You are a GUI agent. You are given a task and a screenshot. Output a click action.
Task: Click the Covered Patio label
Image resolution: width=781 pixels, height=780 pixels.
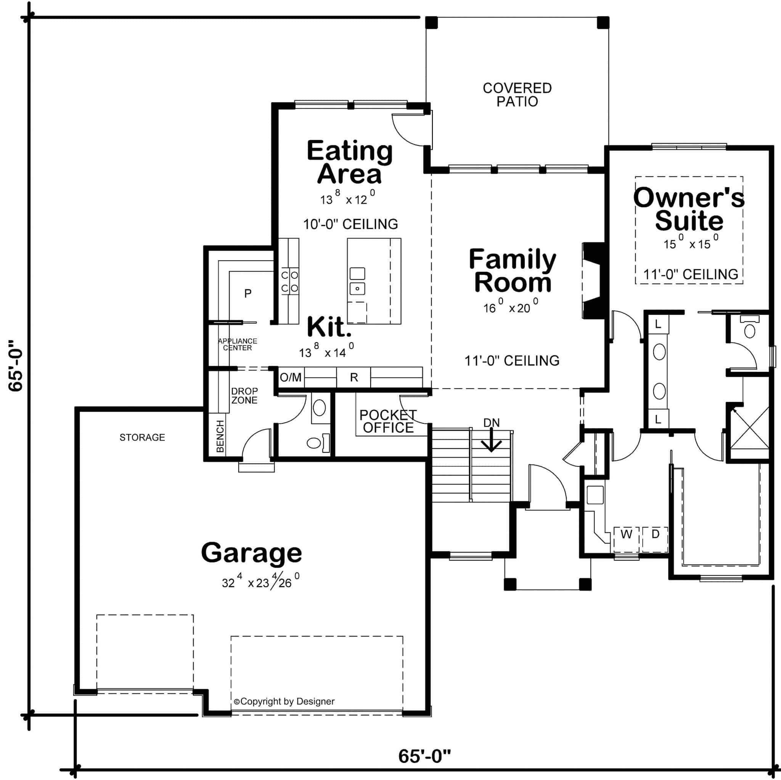click(x=517, y=95)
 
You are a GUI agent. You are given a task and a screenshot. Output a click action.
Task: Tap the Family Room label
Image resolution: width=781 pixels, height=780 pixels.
click(x=512, y=271)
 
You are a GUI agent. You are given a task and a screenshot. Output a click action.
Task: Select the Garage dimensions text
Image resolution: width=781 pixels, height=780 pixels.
click(x=261, y=583)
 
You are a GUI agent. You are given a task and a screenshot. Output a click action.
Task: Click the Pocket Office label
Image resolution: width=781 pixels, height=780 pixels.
click(x=388, y=421)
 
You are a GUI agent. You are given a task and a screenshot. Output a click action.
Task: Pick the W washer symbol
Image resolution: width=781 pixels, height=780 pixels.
click(x=626, y=534)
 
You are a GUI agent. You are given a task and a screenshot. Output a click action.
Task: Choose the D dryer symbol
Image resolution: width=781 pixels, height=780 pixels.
click(x=655, y=534)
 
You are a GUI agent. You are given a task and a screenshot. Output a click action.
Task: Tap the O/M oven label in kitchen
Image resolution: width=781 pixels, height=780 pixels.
click(x=291, y=378)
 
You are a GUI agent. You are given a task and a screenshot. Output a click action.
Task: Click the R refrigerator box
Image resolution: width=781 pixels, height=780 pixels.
click(x=354, y=378)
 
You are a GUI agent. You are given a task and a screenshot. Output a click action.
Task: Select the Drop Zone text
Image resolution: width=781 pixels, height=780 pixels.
click(x=244, y=396)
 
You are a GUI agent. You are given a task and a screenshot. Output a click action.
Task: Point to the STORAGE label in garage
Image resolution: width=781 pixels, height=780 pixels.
click(x=142, y=437)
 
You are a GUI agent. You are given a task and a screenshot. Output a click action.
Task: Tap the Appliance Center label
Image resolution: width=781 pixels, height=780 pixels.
click(x=237, y=344)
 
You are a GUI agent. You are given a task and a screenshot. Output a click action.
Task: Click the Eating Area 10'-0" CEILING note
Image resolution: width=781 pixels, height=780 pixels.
click(x=350, y=224)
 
